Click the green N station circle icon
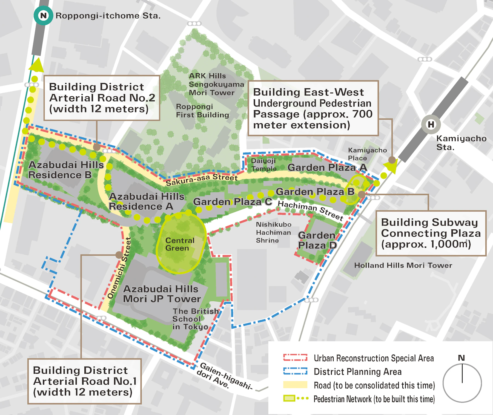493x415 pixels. tap(43, 16)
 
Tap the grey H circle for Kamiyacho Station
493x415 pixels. tap(431, 125)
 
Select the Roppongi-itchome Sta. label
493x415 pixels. tap(108, 16)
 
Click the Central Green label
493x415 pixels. tap(180, 244)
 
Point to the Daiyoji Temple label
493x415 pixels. tap(264, 165)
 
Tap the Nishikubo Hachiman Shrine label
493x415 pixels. tap(273, 232)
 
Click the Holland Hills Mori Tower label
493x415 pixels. tap(403, 265)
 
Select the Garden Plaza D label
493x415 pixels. tap(317, 240)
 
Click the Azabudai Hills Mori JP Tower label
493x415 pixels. tap(161, 294)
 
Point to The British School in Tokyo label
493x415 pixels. tap(195, 319)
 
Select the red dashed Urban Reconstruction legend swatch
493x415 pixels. tap(295, 358)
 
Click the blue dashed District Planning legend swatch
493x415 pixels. tap(295, 371)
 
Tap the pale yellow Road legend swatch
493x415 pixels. tap(295, 385)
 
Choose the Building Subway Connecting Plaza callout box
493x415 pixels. tap(431, 233)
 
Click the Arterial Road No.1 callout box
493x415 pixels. tap(84, 381)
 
